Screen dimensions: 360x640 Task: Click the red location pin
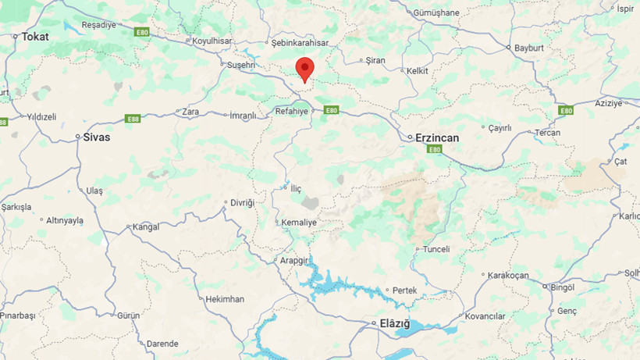pyautogui.click(x=304, y=69)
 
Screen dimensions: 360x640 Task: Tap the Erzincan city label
pyautogui.click(x=437, y=137)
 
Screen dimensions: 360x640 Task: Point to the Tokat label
pyautogui.click(x=35, y=36)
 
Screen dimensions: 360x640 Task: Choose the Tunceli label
pyautogui.click(x=436, y=249)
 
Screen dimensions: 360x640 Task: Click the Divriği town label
pyautogui.click(x=241, y=202)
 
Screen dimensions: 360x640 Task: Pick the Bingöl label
pyautogui.click(x=562, y=287)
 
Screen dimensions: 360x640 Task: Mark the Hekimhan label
pyautogui.click(x=225, y=299)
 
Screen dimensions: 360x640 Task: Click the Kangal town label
pyautogui.click(x=146, y=227)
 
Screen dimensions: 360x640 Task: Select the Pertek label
pyautogui.click(x=405, y=290)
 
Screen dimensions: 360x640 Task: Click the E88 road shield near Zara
pyautogui.click(x=133, y=119)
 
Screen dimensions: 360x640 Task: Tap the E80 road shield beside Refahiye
pyautogui.click(x=331, y=110)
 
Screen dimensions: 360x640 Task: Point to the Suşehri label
pyautogui.click(x=240, y=65)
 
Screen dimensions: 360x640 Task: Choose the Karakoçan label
pyautogui.click(x=508, y=276)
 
